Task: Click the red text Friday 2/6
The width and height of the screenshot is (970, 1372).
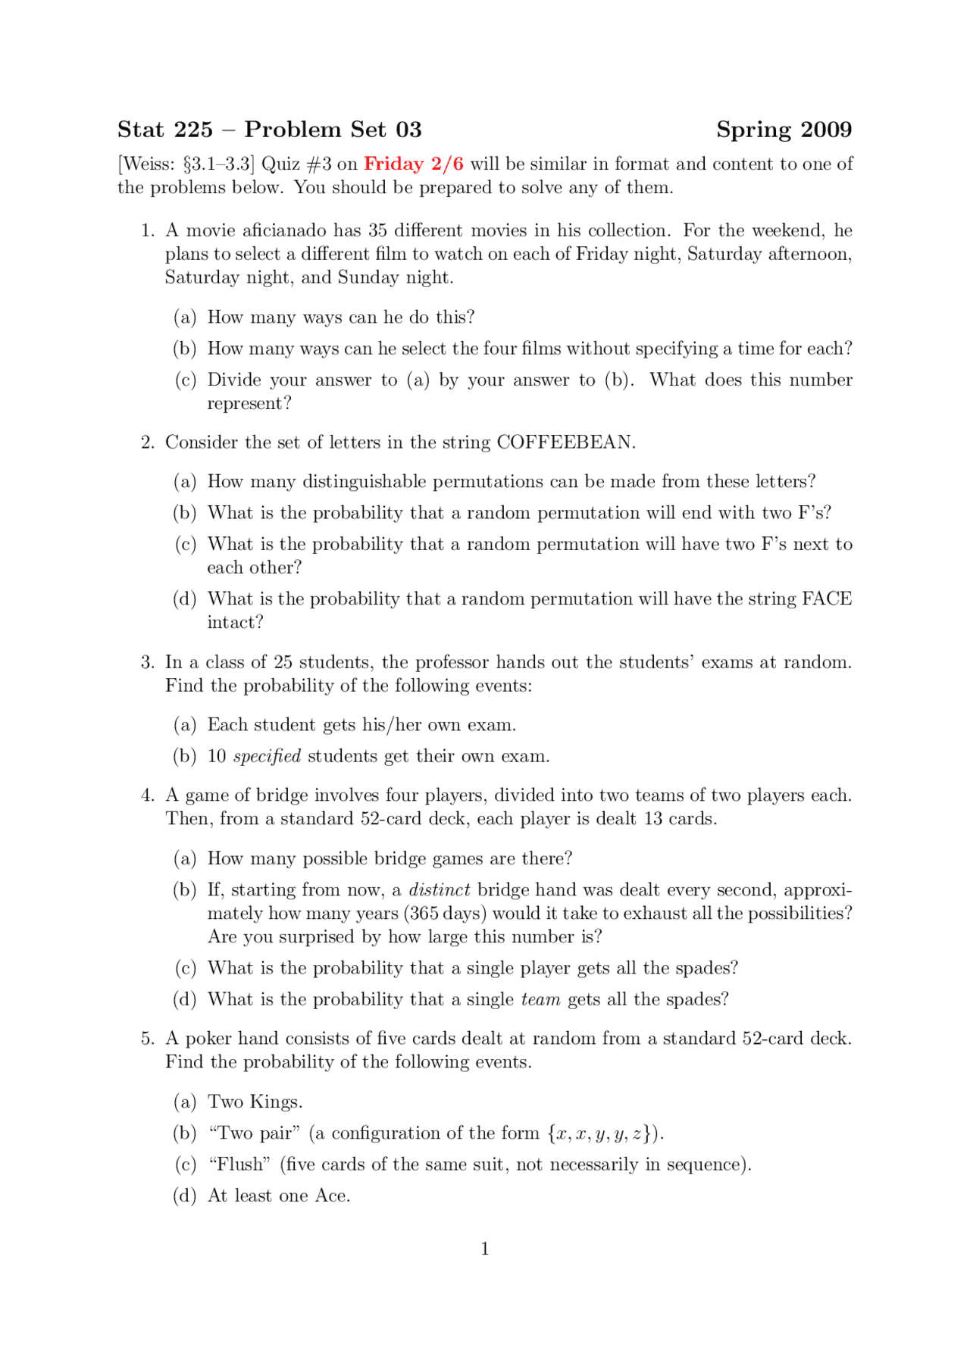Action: [413, 164]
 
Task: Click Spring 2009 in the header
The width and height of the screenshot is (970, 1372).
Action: [784, 130]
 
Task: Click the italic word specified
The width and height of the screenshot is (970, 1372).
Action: [267, 757]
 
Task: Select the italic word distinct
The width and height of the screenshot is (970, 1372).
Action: [440, 890]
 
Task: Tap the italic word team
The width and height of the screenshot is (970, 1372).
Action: [540, 1000]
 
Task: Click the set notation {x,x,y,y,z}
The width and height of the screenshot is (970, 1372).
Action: [603, 1134]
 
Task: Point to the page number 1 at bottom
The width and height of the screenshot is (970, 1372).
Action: [485, 1249]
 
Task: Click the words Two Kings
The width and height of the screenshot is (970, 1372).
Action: [255, 1102]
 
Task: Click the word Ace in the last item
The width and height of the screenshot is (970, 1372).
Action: [331, 1196]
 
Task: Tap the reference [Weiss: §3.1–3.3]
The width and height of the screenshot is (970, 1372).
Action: [186, 164]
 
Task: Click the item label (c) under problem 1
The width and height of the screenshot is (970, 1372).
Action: [185, 380]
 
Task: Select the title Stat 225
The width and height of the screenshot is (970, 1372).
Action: [165, 130]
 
